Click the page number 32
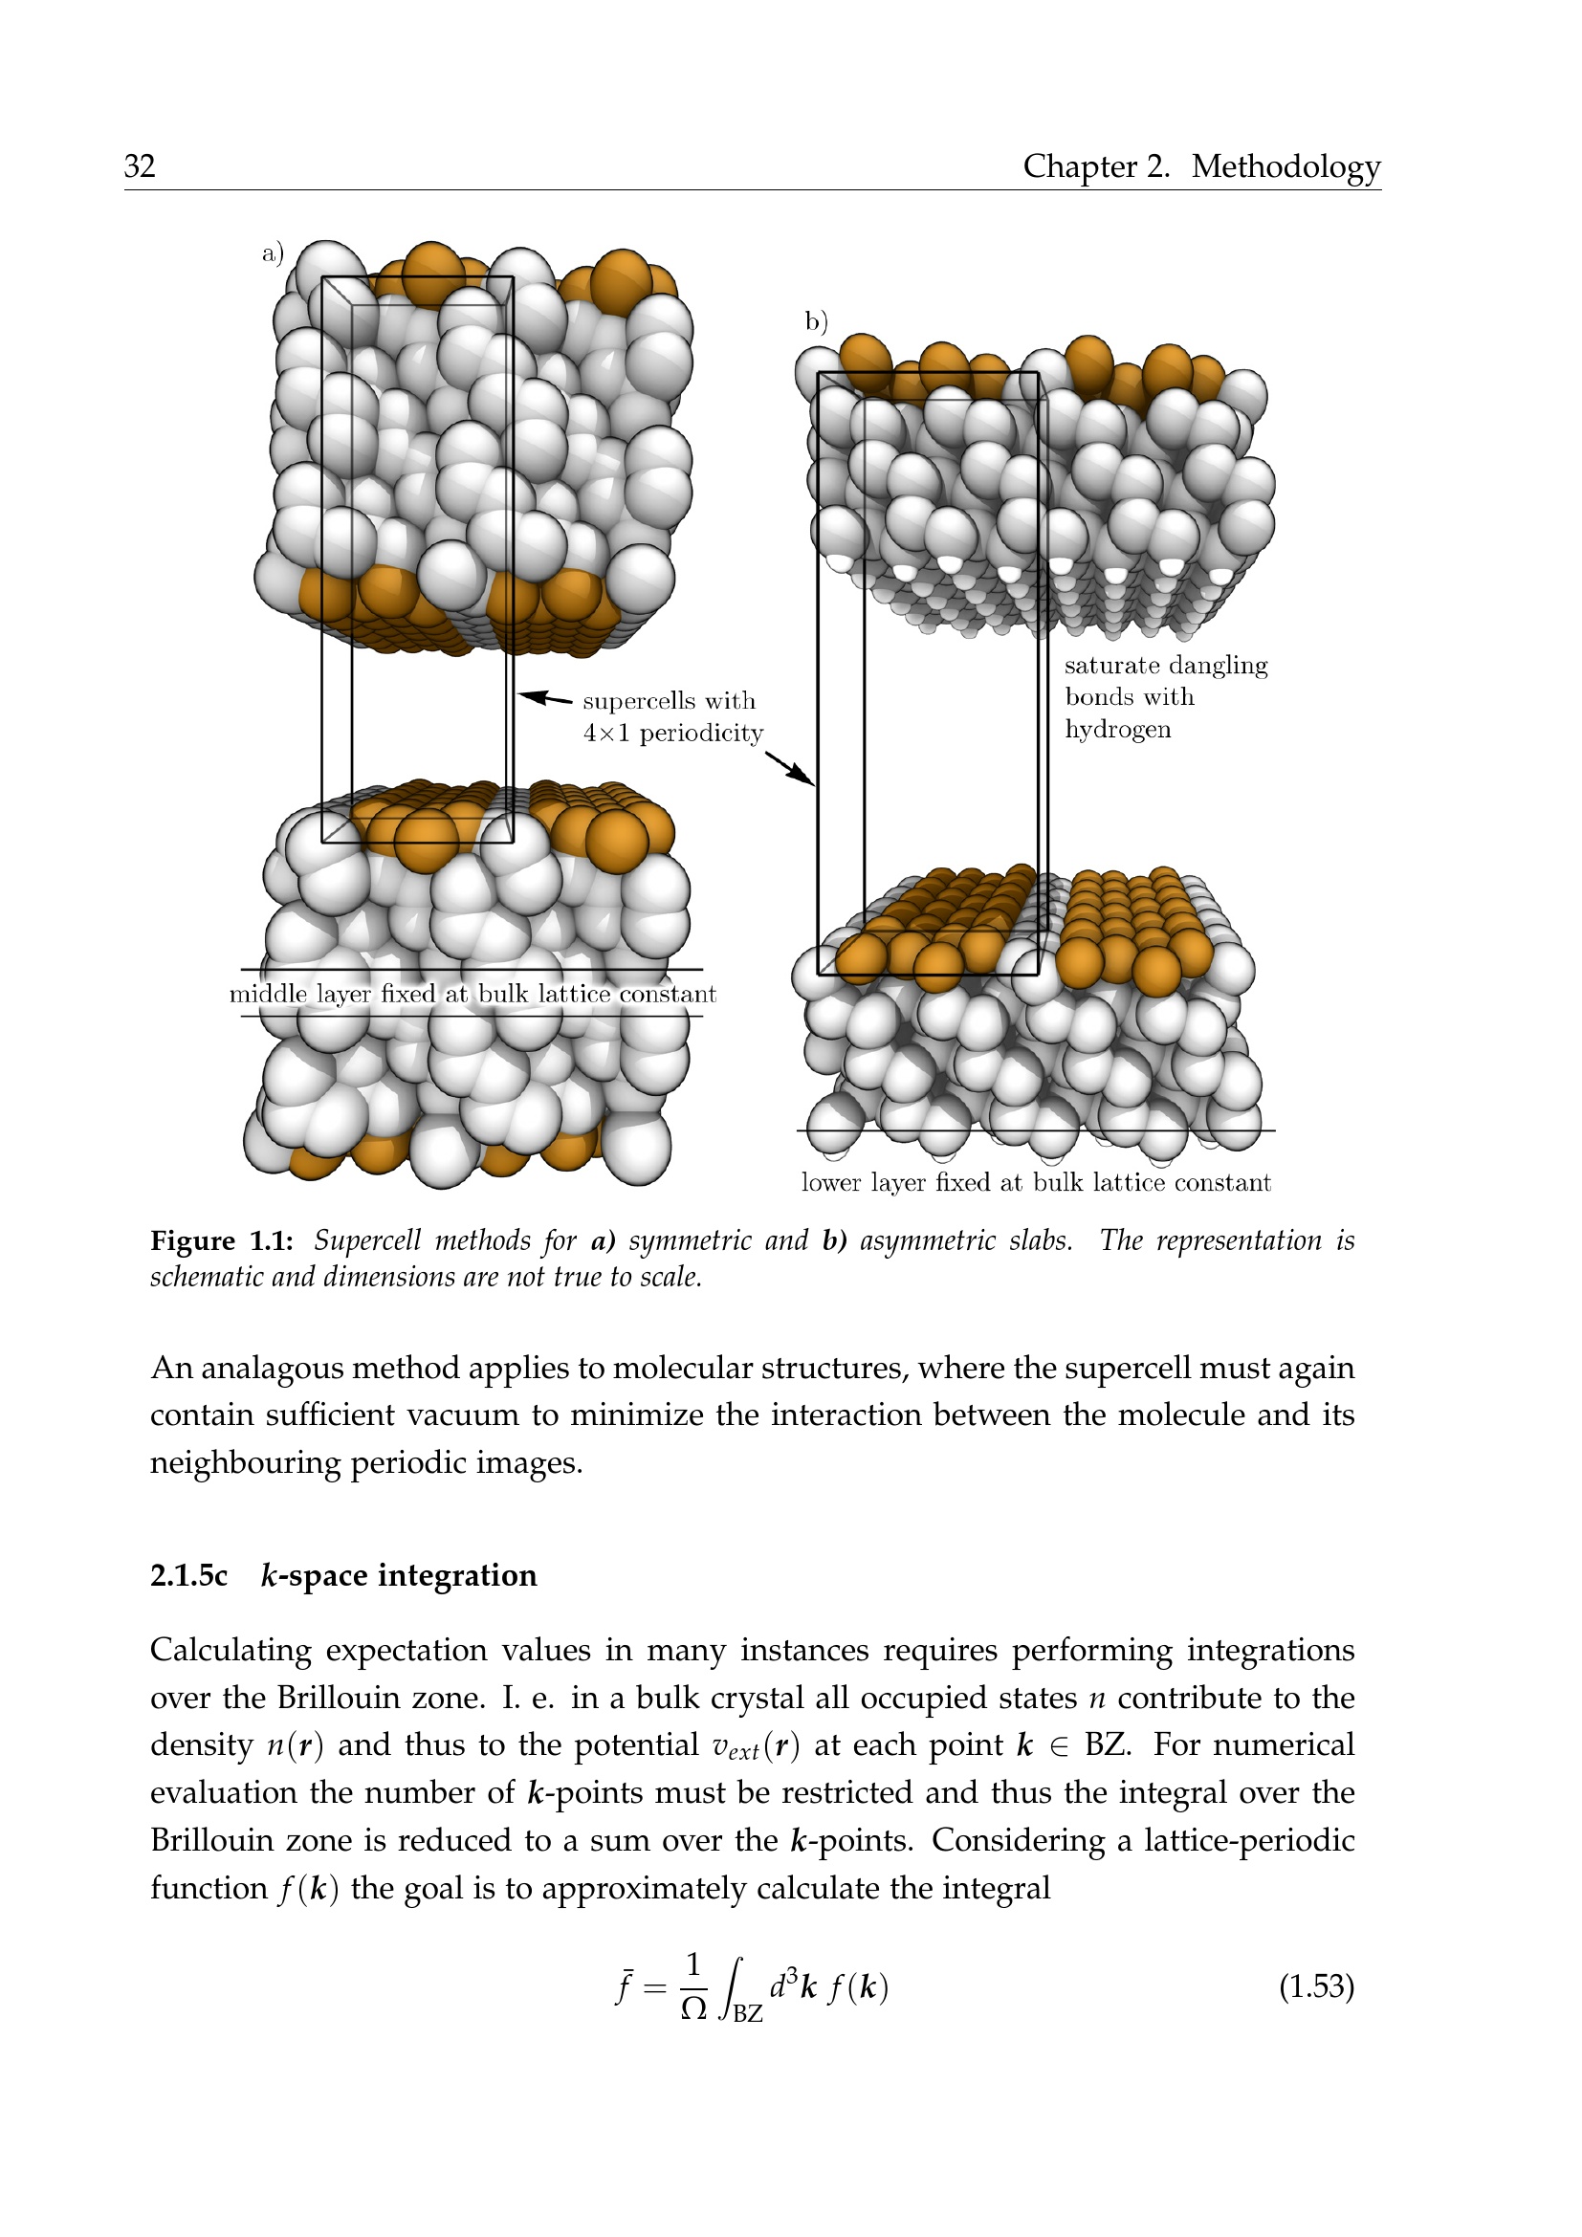click(140, 165)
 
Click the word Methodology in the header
click(1285, 167)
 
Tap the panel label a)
click(273, 253)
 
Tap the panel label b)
click(816, 320)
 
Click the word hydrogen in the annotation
click(1117, 730)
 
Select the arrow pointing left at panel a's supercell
click(544, 697)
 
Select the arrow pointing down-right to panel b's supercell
click(789, 768)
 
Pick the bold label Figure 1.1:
click(222, 1240)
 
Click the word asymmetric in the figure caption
click(916, 1241)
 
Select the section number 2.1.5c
click(189, 1575)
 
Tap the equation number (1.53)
click(1317, 1985)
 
